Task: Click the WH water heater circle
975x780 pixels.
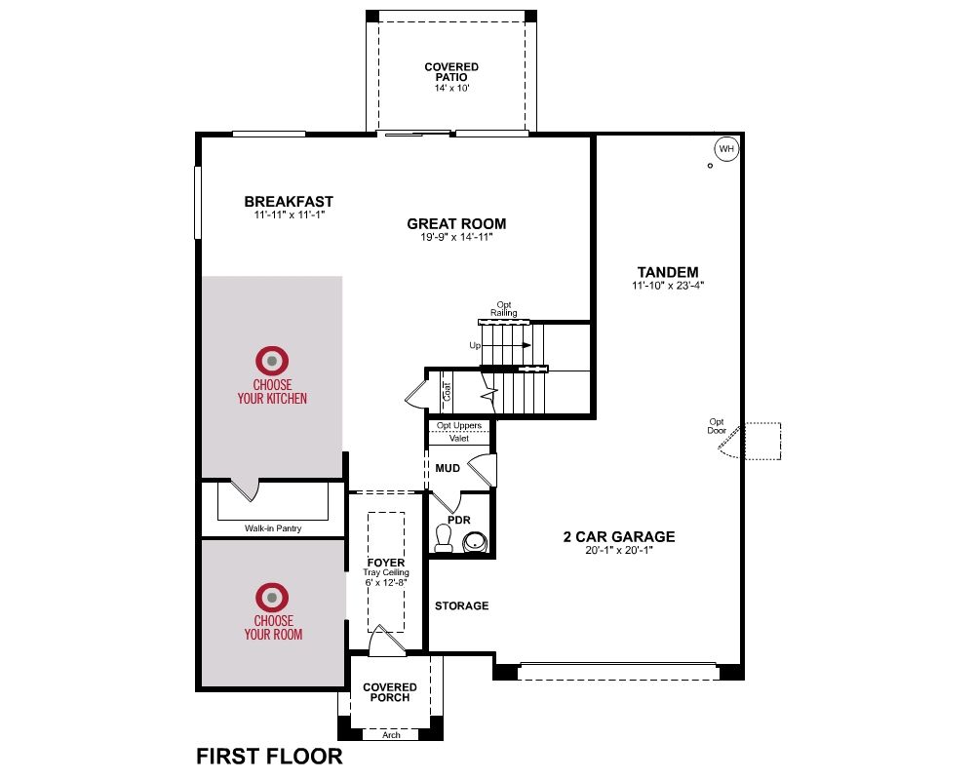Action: tap(726, 148)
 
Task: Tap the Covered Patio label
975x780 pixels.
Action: tap(451, 71)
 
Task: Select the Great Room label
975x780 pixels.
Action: tap(456, 223)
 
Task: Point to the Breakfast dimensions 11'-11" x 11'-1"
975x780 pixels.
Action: tap(290, 215)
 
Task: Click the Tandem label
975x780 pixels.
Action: tap(668, 272)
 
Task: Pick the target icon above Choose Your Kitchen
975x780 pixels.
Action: tap(272, 361)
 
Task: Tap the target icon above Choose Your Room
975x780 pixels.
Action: tap(272, 598)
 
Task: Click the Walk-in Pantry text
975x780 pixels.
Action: tap(273, 528)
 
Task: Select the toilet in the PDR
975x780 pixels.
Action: tap(444, 538)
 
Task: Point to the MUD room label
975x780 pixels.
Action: tap(448, 468)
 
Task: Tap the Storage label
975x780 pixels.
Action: tap(461, 605)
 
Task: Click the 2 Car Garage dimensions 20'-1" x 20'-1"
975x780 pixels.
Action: tap(619, 551)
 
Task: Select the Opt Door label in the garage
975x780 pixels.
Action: tap(717, 426)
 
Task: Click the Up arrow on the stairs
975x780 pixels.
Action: tap(506, 345)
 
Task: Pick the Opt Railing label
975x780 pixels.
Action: tap(504, 309)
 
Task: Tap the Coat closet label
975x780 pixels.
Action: tap(448, 391)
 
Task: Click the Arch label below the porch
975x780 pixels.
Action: tap(391, 734)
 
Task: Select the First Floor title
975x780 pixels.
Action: tap(269, 757)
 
